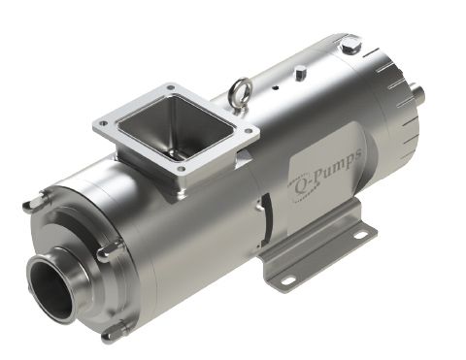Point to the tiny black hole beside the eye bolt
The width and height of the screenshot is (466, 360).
(276, 87)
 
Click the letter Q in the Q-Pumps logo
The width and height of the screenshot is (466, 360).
(301, 188)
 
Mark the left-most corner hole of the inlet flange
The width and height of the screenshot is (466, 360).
(104, 123)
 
